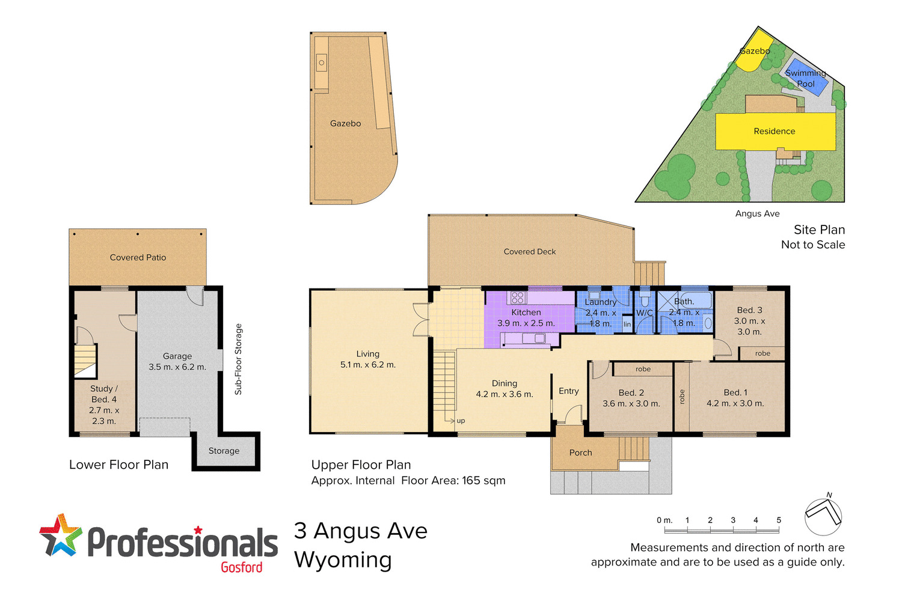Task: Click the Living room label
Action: coord(367,354)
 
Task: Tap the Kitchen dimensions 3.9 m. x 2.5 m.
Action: coord(526,323)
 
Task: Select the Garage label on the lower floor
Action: coord(177,356)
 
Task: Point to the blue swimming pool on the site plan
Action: coord(807,77)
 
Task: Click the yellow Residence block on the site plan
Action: coord(775,131)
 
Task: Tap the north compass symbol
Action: coord(823,516)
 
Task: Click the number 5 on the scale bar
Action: coord(779,520)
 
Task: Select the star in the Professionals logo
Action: coord(61,534)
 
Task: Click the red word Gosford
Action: coord(241,567)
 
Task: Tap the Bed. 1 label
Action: coord(735,392)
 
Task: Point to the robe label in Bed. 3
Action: coord(762,353)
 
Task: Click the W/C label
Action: coord(645,313)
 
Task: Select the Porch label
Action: coord(580,453)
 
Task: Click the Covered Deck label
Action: coord(530,252)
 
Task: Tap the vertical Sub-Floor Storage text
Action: coord(238,359)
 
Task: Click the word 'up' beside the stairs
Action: coord(461,421)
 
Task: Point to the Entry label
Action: coord(568,391)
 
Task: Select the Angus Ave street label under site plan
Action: coord(757,213)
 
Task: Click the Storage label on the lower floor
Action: coord(224,451)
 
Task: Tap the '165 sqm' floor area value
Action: coord(483,481)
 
